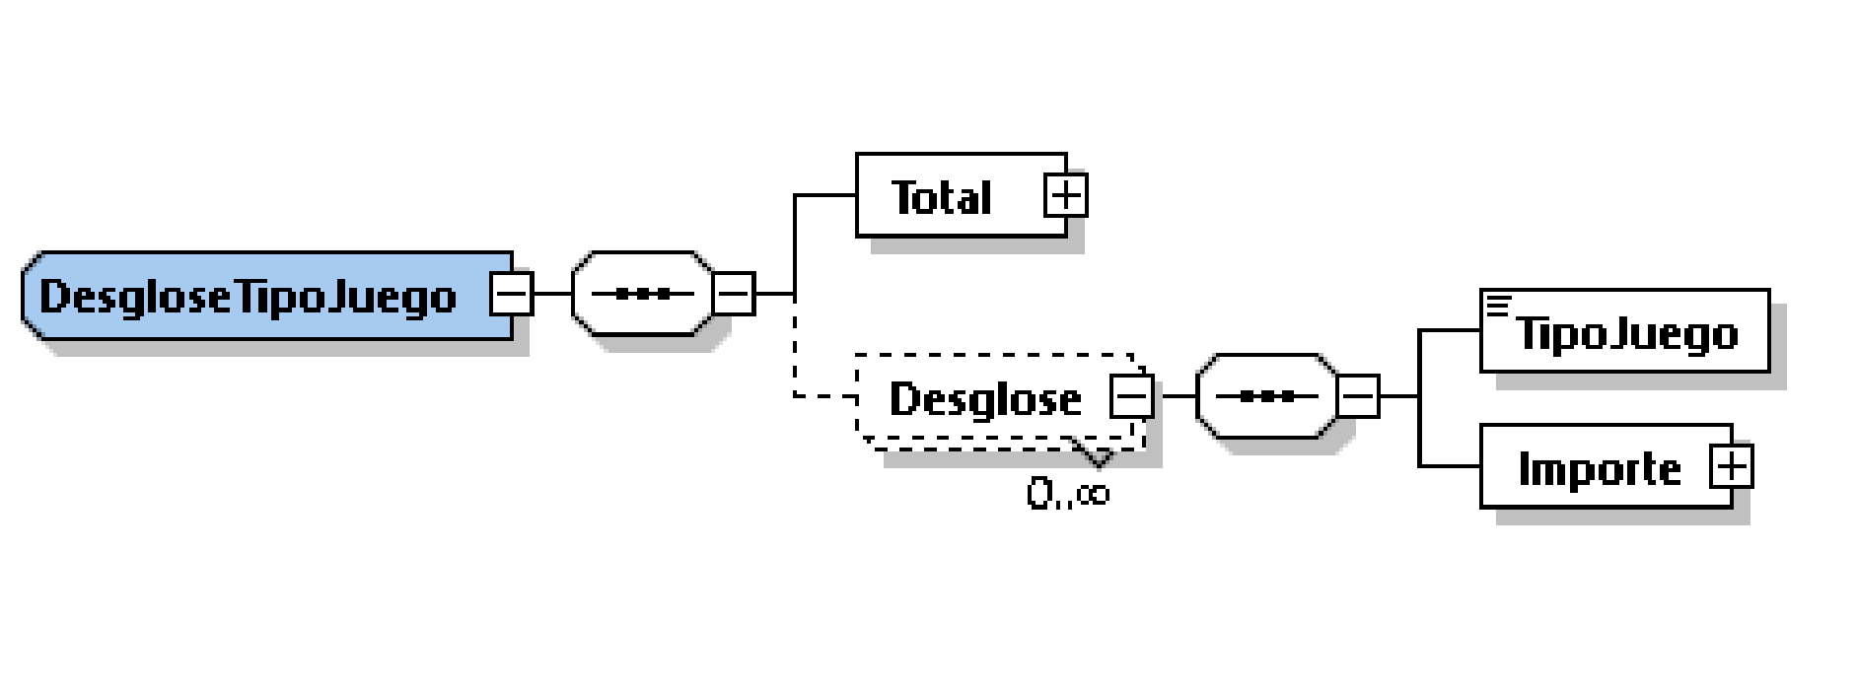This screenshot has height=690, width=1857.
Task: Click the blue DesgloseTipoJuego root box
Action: [x=251, y=296]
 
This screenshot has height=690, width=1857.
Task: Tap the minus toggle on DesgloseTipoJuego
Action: [x=511, y=294]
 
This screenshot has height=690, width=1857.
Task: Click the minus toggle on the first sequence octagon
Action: [x=734, y=294]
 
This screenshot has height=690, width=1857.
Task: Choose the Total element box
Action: [x=942, y=196]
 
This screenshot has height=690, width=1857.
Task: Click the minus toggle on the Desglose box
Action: [x=1131, y=397]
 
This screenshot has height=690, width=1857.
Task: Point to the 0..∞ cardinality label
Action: [x=1067, y=492]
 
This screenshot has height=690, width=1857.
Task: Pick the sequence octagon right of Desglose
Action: [x=1265, y=397]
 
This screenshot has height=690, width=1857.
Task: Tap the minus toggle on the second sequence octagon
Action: [x=1358, y=397]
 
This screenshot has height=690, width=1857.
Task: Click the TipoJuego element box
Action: [x=1625, y=332]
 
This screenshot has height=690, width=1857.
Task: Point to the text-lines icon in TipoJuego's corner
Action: [x=1498, y=307]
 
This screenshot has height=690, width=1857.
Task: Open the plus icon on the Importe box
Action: [x=1732, y=466]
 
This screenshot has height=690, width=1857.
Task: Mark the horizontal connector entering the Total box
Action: [x=824, y=195]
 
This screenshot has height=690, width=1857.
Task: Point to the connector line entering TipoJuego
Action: [x=1450, y=330]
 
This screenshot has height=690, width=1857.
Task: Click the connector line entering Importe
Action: [x=1450, y=465]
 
